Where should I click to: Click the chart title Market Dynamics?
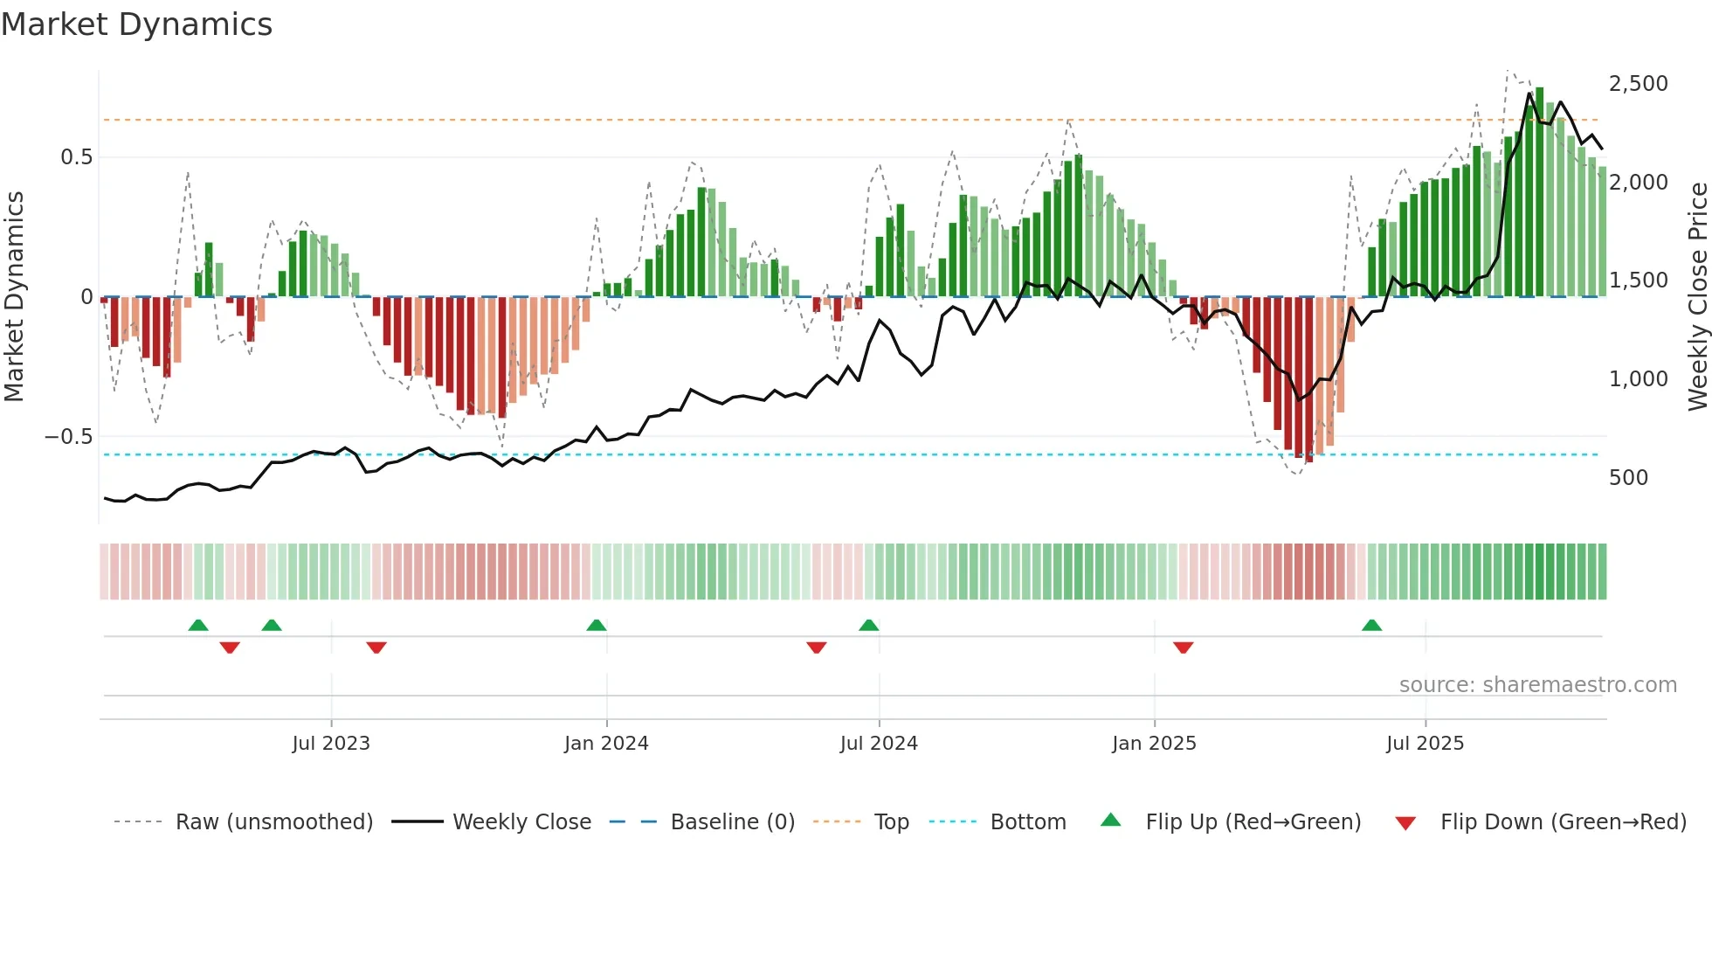click(137, 24)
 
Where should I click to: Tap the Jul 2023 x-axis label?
click(331, 744)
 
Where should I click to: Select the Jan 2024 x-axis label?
click(606, 744)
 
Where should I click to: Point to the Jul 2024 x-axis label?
click(879, 744)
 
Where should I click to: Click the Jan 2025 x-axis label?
click(1154, 744)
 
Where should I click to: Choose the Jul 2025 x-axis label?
click(1425, 744)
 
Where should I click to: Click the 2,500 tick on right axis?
click(1638, 84)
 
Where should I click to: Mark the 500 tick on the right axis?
click(1628, 478)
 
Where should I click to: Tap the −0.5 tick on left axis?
click(68, 437)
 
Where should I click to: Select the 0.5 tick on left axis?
click(76, 157)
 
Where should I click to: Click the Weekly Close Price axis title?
click(1697, 297)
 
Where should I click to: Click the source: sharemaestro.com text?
click(1537, 685)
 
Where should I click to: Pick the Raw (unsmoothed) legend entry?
click(273, 822)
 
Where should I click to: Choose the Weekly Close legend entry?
click(521, 822)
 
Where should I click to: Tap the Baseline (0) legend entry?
click(732, 822)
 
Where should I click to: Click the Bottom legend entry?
click(1027, 822)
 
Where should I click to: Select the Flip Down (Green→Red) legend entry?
click(1563, 822)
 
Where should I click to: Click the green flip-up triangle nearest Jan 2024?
click(597, 626)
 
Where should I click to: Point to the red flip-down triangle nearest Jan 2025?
click(1184, 648)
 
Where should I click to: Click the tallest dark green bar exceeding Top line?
click(1539, 192)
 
